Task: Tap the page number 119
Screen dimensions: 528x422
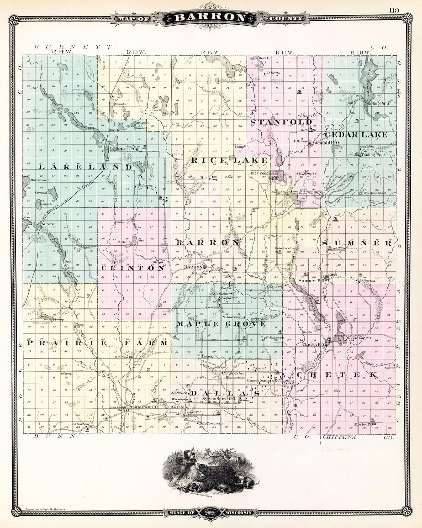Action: (x=394, y=10)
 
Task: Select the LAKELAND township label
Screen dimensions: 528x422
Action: (x=85, y=168)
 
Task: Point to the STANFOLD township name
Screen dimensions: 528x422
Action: (x=281, y=122)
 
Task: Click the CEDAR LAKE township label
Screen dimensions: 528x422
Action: (x=356, y=135)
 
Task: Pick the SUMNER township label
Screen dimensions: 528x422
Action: (x=357, y=243)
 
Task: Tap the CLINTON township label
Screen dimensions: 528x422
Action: (x=133, y=268)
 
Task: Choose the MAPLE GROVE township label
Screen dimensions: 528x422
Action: (x=221, y=323)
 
